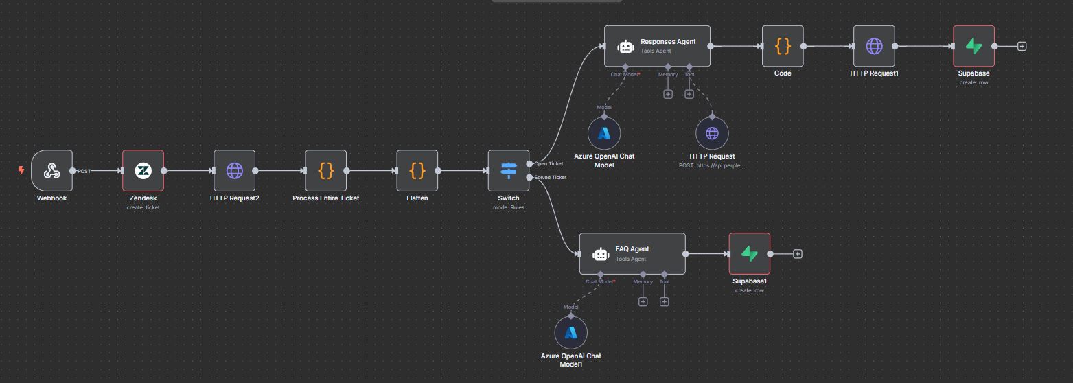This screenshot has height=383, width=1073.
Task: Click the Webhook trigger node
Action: coord(51,170)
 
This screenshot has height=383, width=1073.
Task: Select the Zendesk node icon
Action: coord(143,170)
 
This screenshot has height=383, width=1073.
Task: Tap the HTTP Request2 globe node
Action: coord(234,170)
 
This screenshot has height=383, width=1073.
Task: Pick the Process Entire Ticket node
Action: coord(325,170)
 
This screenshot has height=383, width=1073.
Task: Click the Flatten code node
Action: coord(417,170)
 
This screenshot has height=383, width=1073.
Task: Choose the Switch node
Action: coord(508,170)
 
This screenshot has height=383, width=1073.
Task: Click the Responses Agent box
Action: coord(657,46)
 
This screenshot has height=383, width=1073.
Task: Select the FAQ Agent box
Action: coord(632,253)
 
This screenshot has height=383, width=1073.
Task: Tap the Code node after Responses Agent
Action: coord(783,46)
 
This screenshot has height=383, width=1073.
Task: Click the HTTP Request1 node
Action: coord(874,46)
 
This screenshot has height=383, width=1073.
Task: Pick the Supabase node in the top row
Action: coord(973,46)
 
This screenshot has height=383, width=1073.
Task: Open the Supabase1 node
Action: coord(749,253)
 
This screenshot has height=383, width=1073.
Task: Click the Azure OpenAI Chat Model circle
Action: coord(604,132)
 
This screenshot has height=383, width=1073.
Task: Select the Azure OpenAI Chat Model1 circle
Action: coord(570,333)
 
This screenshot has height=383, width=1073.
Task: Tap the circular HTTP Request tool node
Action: coord(712,132)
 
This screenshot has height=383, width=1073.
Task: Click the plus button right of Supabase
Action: coord(1022,46)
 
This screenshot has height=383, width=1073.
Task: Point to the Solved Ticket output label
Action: coord(550,177)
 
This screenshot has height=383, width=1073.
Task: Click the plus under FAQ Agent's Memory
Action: coord(643,301)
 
